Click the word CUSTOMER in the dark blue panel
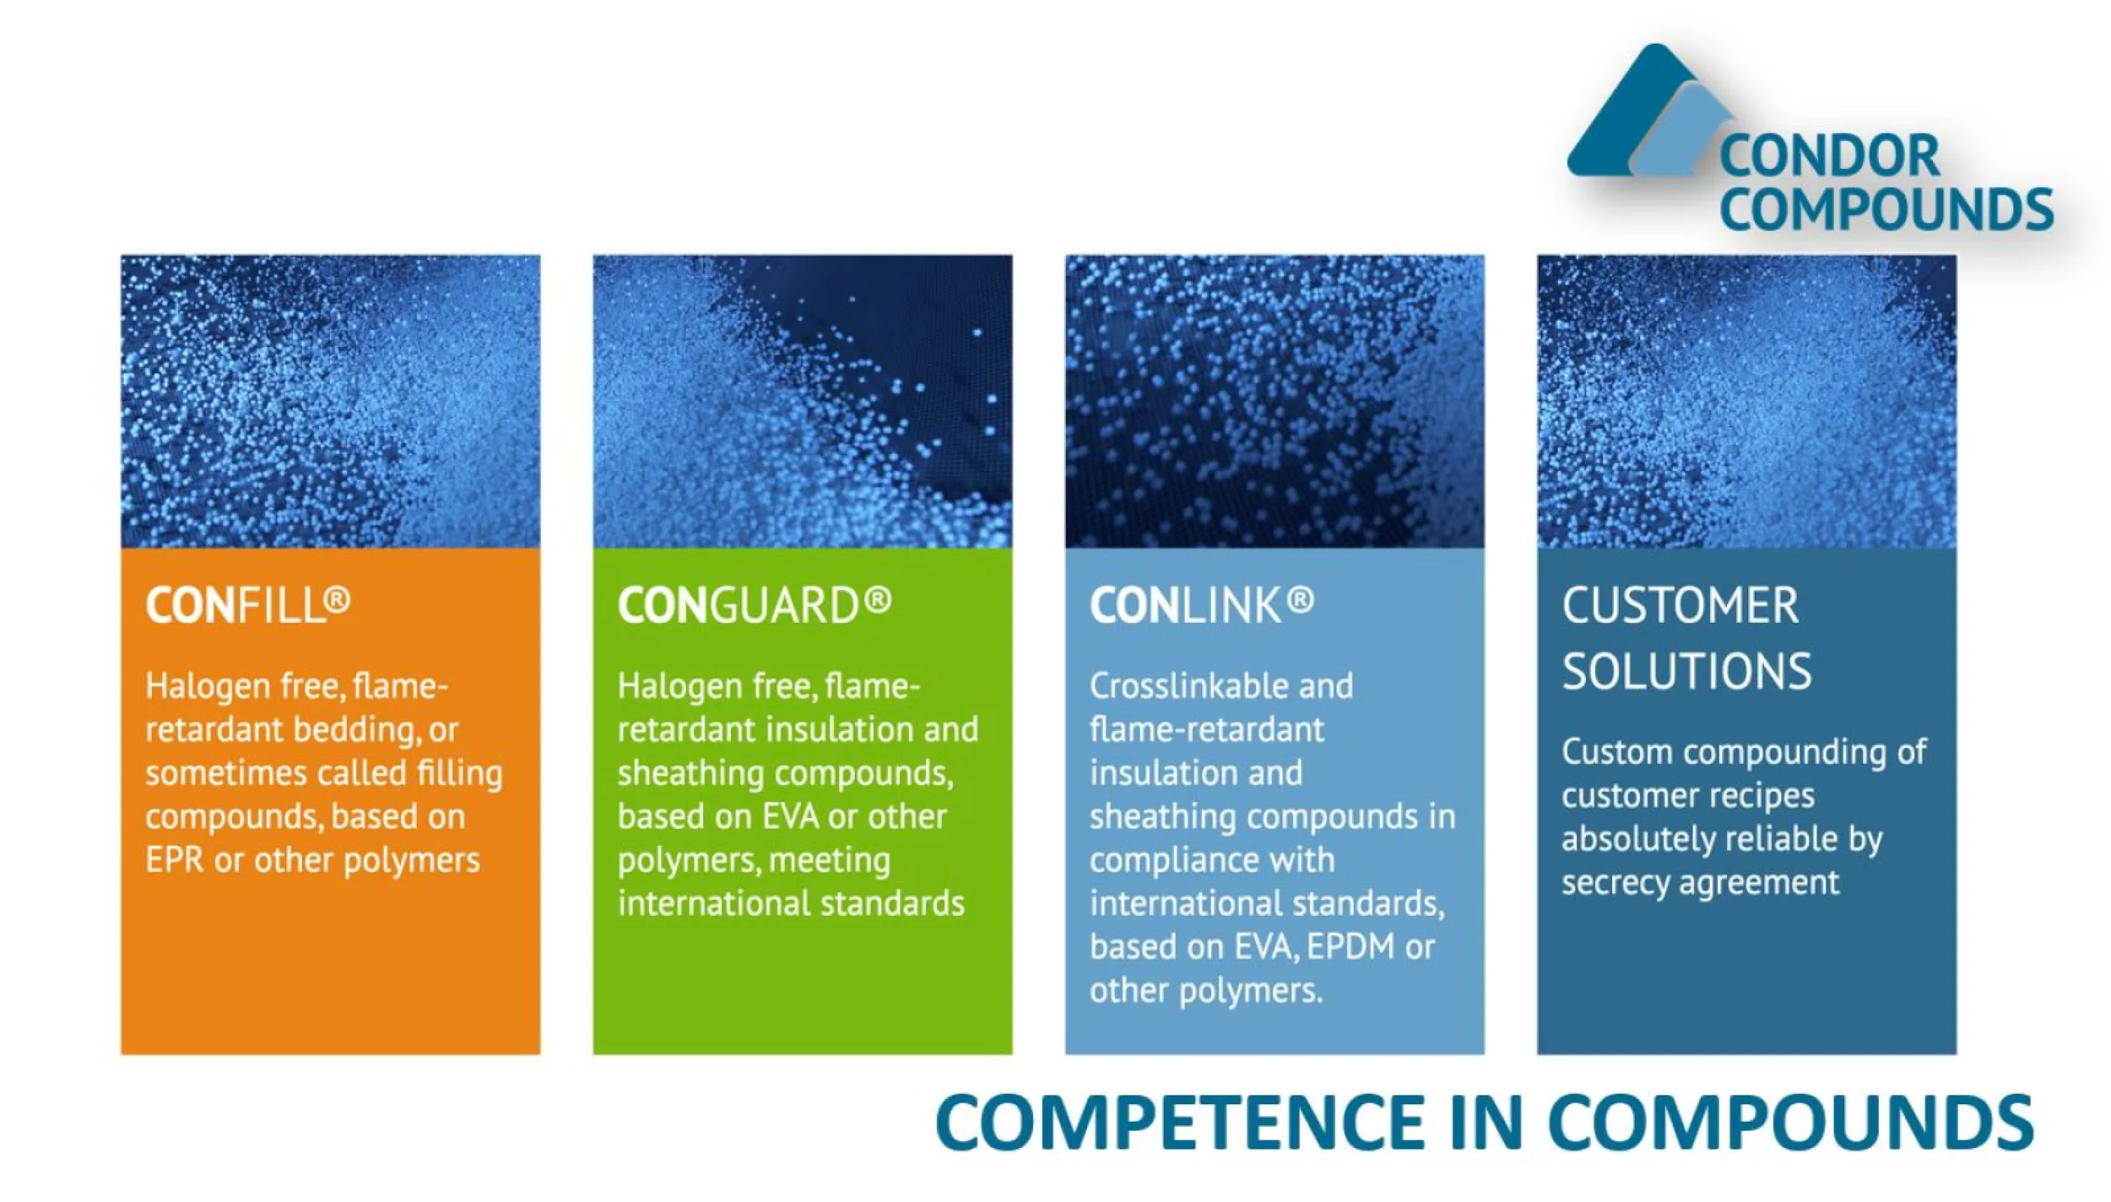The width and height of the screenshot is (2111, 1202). pyautogui.click(x=1679, y=606)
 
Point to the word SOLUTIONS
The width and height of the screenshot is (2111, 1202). pyautogui.click(x=1686, y=671)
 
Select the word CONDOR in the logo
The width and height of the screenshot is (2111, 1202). pyautogui.click(x=1829, y=157)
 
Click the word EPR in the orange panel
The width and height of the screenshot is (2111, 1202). pyautogui.click(x=174, y=860)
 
